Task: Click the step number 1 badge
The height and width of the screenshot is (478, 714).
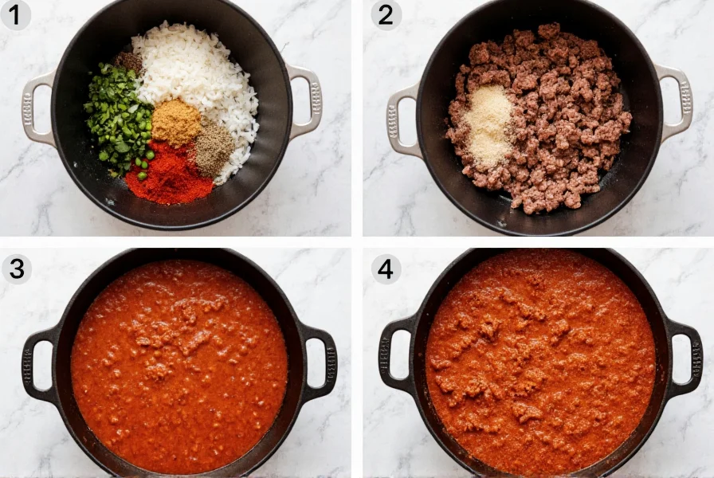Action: (x=15, y=14)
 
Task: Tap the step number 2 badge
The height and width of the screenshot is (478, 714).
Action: (x=386, y=14)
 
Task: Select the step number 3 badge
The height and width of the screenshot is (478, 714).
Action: (x=15, y=269)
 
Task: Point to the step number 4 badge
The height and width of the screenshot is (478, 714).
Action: (x=386, y=269)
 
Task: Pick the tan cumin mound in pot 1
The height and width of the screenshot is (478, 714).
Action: (x=176, y=122)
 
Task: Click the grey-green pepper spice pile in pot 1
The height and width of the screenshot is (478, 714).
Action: (x=214, y=147)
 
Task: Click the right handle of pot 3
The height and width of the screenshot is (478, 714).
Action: (x=319, y=362)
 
